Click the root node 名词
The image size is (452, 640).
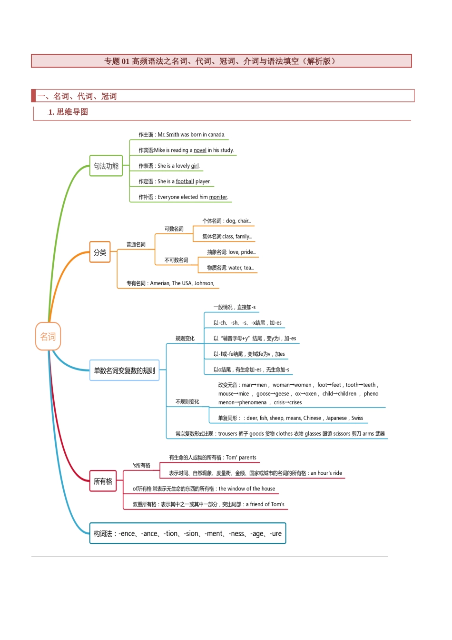coord(48,337)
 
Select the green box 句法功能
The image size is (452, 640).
coord(106,166)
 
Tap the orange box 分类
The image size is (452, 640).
coord(100,252)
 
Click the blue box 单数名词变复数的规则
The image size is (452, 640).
coord(124,370)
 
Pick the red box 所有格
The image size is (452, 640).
coord(103,481)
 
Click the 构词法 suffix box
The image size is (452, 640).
coord(187,533)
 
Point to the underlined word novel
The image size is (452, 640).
coord(200,150)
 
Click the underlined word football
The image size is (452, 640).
coord(185,181)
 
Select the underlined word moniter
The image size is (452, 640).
coord(218,197)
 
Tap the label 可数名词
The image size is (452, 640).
coord(174,229)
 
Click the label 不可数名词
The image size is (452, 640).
coord(176,260)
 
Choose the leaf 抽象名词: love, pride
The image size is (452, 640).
coord(231,252)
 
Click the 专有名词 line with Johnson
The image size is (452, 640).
coord(170,283)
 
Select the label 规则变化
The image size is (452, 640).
coord(185,339)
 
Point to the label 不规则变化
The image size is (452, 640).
coord(187,402)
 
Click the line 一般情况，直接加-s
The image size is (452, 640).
coord(234,307)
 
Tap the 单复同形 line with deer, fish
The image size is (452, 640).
coord(290,418)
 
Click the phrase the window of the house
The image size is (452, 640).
coord(246,489)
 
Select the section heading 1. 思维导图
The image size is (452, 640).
coord(68,112)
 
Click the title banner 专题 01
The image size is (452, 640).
coord(221,61)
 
